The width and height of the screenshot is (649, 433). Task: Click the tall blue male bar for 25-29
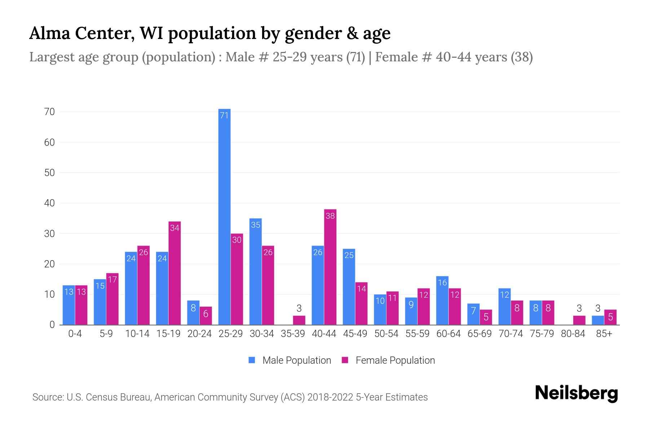224,216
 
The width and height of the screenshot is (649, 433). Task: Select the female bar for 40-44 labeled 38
330,267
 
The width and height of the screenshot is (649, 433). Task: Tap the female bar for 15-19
175,273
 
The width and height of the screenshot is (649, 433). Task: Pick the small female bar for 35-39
299,320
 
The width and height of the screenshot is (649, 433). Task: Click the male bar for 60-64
442,301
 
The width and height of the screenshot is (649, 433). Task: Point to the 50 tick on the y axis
50,173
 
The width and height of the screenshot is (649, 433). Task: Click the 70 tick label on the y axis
50,112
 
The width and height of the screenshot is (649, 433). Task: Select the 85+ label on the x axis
604,334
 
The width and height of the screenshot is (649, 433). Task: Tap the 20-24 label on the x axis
199,334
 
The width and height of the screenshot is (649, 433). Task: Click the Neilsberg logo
576,393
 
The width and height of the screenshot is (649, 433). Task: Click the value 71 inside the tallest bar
224,115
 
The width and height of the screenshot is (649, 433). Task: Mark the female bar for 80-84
579,320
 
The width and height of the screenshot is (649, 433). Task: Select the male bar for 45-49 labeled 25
349,287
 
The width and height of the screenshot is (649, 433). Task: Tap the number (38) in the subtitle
522,57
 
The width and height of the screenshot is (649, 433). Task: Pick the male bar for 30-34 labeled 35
255,272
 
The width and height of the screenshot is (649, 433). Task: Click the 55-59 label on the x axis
417,334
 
